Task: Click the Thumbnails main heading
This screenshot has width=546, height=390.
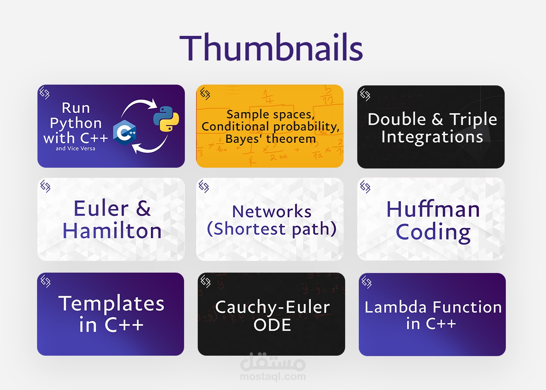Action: [271, 47]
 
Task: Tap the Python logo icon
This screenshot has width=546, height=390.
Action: [166, 119]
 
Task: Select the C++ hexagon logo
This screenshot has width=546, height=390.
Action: [124, 133]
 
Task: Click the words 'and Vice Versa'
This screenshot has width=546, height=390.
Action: [75, 149]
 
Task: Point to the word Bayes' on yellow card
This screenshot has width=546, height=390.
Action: [244, 139]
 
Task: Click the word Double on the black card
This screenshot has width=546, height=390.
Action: [397, 119]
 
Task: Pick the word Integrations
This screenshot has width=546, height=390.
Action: [432, 137]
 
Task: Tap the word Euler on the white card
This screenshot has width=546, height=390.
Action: [101, 208]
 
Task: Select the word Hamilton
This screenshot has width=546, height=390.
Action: [112, 230]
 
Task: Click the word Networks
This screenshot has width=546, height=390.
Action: [272, 211]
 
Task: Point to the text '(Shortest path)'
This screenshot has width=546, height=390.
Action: [272, 229]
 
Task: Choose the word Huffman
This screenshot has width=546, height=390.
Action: [433, 209]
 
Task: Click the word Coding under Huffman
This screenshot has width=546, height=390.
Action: [433, 232]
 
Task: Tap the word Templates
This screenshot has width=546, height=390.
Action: [112, 303]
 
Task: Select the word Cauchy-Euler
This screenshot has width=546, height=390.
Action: [272, 307]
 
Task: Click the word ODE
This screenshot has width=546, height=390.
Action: [272, 324]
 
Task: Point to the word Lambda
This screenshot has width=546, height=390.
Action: [395, 307]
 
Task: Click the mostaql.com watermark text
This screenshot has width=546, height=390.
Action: [273, 377]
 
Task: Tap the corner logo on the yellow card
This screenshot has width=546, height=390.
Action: [205, 94]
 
